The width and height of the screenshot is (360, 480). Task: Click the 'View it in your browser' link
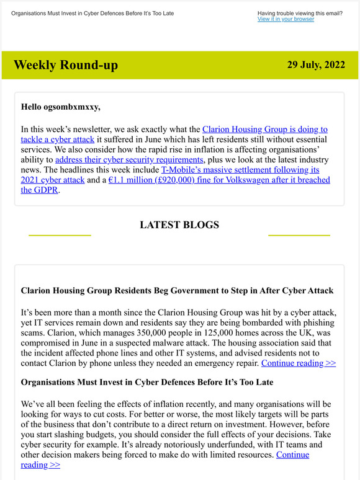tap(286, 19)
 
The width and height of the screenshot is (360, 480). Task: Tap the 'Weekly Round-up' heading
tap(65, 65)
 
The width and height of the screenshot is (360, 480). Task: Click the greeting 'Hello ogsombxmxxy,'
tap(60, 107)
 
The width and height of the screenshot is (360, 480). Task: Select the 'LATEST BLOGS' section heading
tap(179, 224)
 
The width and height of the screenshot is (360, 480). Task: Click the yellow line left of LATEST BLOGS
tap(60, 235)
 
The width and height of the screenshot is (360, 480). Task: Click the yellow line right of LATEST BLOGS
tap(299, 235)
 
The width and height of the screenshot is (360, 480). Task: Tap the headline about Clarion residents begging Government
tap(177, 290)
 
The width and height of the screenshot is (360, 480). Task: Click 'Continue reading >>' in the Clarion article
tap(299, 363)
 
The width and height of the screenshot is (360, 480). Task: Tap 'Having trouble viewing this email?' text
tap(299, 12)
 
